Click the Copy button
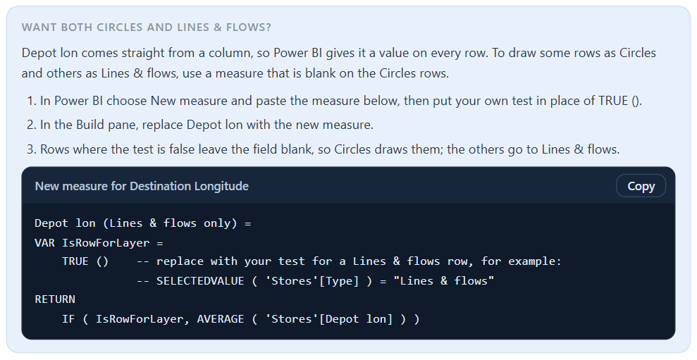pos(641,186)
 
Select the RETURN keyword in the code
pos(55,299)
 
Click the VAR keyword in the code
pos(44,242)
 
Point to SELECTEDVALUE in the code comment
pos(200,281)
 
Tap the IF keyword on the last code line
pos(68,318)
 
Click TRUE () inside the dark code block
pos(85,261)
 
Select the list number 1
pos(31,101)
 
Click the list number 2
pos(31,125)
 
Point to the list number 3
pos(31,149)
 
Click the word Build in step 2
pos(90,125)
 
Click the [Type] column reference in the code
pos(339,281)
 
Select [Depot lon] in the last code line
pos(356,319)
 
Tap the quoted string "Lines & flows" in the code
pos(443,281)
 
